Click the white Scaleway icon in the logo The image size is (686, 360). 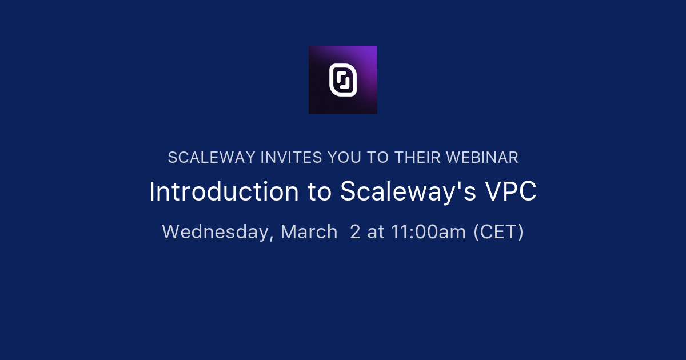(x=343, y=80)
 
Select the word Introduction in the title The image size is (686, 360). (x=224, y=192)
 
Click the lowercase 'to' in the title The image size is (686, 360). (x=320, y=192)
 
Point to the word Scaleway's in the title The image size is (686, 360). (x=408, y=192)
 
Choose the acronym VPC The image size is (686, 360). (x=511, y=192)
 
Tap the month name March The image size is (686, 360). (x=309, y=232)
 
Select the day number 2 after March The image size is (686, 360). (x=355, y=232)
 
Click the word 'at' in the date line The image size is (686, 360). (x=376, y=232)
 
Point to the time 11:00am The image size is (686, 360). (x=428, y=232)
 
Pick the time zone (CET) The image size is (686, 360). (x=498, y=232)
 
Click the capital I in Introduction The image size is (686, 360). (x=152, y=192)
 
